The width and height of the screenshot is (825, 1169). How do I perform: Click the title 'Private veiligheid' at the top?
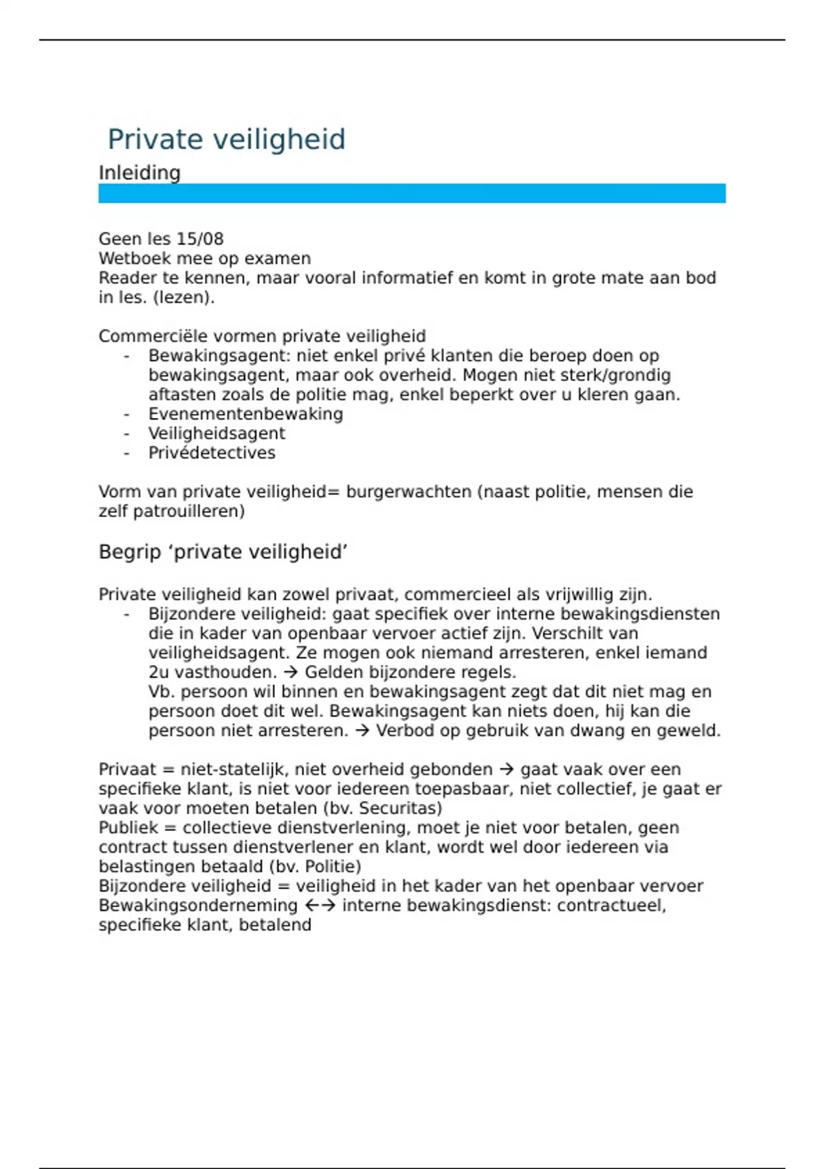226,140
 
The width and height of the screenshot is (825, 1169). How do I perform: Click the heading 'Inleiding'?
140,173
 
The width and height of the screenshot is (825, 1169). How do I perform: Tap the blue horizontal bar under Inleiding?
412,193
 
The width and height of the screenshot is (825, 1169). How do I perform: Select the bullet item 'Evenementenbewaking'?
245,414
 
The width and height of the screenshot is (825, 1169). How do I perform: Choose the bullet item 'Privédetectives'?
212,453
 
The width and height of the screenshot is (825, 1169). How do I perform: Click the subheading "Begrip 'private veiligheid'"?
223,552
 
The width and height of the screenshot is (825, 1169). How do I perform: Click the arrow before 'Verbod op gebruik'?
362,731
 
